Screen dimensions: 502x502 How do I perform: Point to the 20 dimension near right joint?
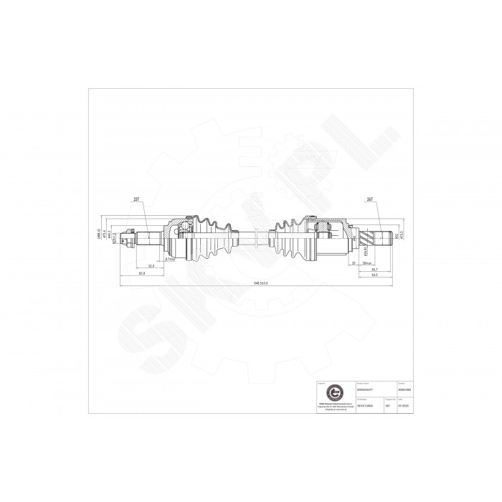coord(354,262)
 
